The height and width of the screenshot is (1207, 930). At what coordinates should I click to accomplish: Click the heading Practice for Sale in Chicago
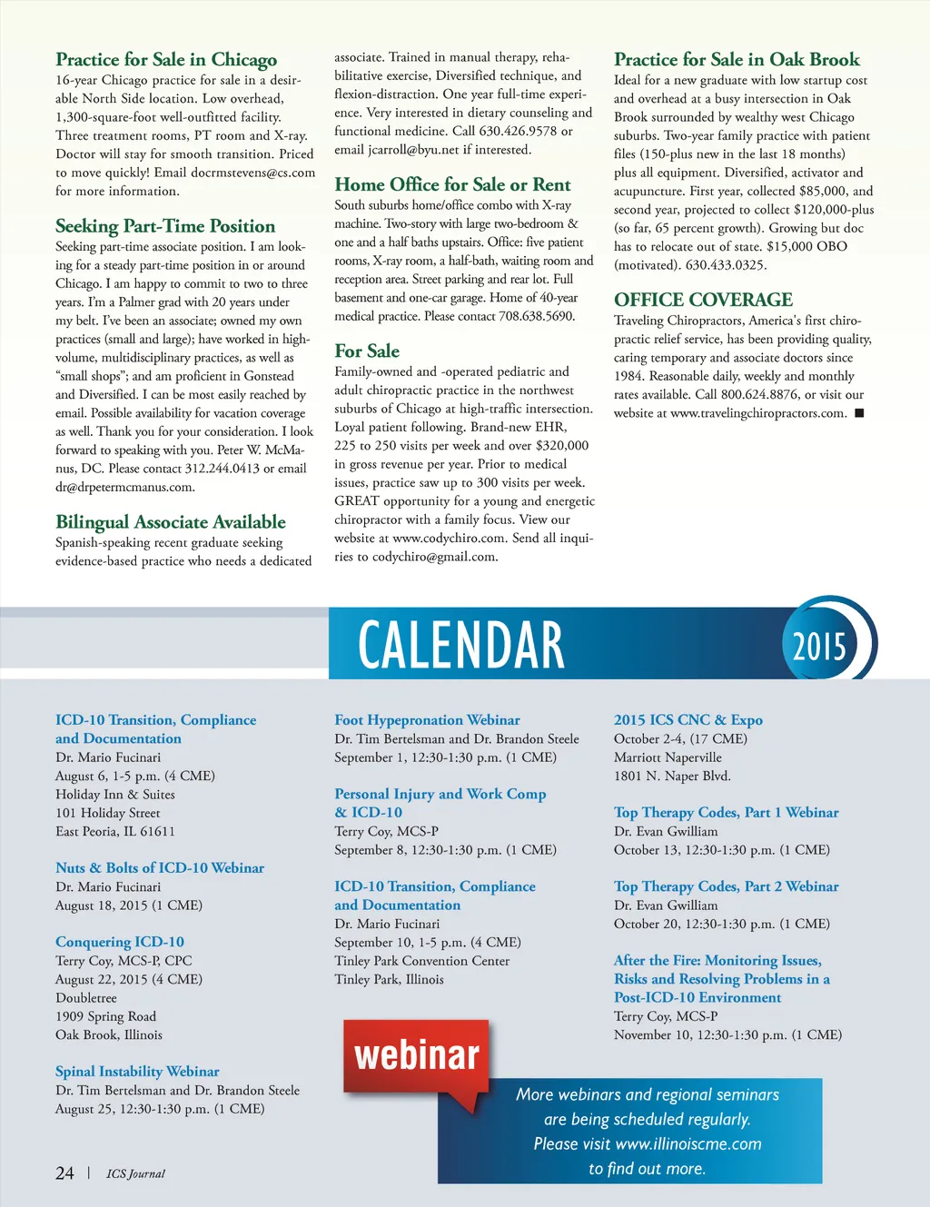166,60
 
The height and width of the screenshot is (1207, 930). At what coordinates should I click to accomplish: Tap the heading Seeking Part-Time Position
165,226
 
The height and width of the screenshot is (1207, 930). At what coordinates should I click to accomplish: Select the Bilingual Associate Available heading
171,522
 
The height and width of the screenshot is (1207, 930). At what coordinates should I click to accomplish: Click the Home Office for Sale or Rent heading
452,184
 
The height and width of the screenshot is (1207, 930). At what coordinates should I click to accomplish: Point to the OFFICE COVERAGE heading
703,300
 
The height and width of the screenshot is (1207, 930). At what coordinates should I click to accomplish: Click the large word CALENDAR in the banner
460,645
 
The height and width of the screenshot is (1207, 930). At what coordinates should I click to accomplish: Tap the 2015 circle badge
819,646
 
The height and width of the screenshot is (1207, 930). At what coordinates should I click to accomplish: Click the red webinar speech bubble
417,1055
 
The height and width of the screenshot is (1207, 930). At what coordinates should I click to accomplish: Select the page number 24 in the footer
64,1173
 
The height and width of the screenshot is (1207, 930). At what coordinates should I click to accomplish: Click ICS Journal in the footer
135,1173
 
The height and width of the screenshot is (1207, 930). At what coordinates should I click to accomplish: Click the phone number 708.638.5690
537,316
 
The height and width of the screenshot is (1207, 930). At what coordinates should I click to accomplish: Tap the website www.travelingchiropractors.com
757,413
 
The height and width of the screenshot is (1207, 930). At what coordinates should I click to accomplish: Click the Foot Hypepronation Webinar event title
427,720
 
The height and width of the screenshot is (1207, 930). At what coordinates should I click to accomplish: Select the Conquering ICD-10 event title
120,942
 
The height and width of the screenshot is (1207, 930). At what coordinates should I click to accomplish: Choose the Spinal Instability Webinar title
137,1072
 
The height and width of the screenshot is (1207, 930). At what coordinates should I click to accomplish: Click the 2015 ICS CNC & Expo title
688,720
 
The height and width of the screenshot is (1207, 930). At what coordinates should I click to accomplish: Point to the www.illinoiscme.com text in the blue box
688,1144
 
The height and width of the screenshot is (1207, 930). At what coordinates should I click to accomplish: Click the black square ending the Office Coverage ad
859,413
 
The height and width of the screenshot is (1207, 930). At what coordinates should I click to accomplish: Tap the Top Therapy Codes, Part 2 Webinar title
726,886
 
